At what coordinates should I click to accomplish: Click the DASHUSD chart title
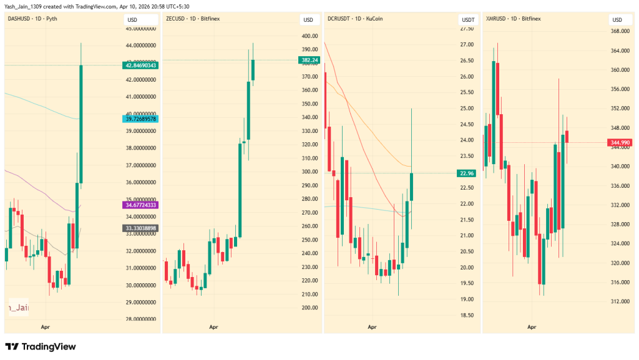32,19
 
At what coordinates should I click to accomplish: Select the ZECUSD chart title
193,19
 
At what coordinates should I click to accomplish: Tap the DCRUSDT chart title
355,19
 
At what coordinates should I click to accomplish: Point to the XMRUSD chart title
514,19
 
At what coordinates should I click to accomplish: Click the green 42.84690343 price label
140,65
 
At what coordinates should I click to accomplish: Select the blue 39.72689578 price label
140,119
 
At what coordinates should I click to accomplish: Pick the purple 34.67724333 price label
140,205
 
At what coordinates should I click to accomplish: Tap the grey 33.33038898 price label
140,228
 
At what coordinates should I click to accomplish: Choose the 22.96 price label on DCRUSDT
467,173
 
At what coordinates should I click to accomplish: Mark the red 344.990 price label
620,143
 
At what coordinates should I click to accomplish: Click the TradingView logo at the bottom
41,346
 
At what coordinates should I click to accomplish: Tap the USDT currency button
467,19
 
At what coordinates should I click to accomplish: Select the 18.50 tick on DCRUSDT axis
467,315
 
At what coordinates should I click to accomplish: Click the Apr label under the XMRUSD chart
532,327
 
